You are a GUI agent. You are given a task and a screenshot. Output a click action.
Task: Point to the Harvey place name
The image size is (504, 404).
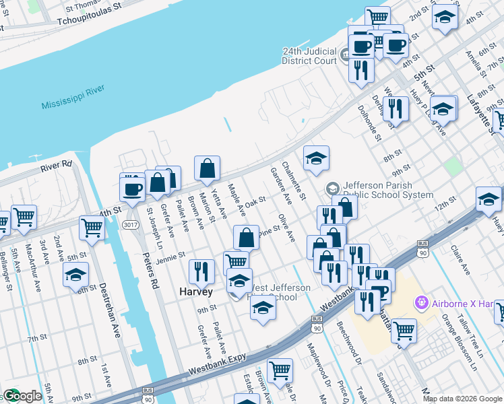tap(196, 292)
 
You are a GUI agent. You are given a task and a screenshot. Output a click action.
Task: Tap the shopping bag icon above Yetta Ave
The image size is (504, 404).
tap(208, 169)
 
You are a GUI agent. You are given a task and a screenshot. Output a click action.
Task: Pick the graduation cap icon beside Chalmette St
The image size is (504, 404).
tap(316, 158)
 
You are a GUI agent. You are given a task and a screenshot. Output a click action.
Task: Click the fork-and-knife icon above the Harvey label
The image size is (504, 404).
tap(201, 272)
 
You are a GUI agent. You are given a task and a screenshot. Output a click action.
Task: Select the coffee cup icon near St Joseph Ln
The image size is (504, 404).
tap(133, 188)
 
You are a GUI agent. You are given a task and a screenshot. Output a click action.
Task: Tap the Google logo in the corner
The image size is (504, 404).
tap(22, 396)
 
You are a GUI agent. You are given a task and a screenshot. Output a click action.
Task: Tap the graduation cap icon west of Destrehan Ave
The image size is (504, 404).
tap(76, 275)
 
